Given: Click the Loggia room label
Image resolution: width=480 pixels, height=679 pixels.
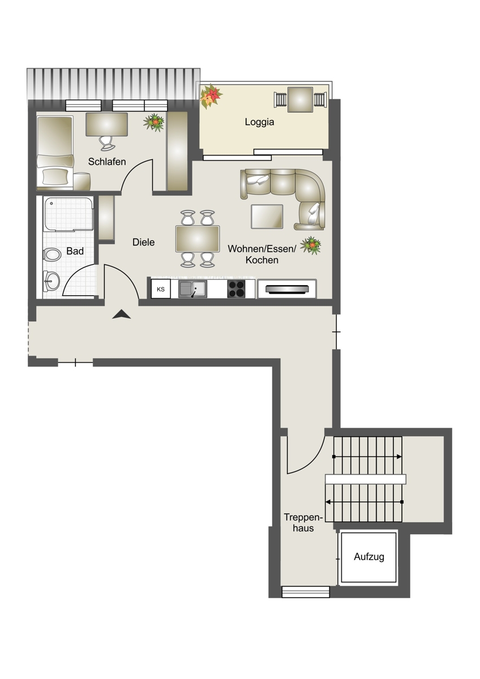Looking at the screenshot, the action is pos(259,122).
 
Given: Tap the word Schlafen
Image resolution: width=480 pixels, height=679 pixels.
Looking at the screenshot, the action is pos(107,162).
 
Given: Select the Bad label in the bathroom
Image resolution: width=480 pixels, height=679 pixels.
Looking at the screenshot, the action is pos(75,251).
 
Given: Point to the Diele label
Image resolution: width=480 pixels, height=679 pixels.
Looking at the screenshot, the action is pos(143,242).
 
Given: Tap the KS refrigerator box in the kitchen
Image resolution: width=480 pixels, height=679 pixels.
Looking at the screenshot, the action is pos(161,289).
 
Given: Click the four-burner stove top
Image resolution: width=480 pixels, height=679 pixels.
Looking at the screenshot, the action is pos(236,289).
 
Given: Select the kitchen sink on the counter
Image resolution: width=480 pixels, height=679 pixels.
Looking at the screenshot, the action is pos(192,289).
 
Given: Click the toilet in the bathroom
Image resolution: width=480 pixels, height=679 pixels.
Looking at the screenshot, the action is pos(52,254).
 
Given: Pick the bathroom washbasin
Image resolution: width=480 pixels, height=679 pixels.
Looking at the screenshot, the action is pos(52,281).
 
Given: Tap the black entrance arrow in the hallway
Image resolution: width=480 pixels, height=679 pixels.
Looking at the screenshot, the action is pos(121,314).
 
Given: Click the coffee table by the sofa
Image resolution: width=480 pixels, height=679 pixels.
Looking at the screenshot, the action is pos(267,216).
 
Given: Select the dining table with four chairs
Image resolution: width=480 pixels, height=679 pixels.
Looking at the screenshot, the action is pos(198,239).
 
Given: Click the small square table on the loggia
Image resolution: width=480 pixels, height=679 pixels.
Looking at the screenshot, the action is pos(300,100).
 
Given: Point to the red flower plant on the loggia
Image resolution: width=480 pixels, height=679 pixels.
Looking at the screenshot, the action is pos(211,97).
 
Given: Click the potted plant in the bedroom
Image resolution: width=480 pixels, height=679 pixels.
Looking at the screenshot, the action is pos(154,122).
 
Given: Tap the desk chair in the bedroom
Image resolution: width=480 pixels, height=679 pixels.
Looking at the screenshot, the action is pos(108,143).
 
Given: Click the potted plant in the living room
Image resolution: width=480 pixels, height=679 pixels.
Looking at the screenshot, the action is pos(311,246).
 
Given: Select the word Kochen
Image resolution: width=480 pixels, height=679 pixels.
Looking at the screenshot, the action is pos(262,260).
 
